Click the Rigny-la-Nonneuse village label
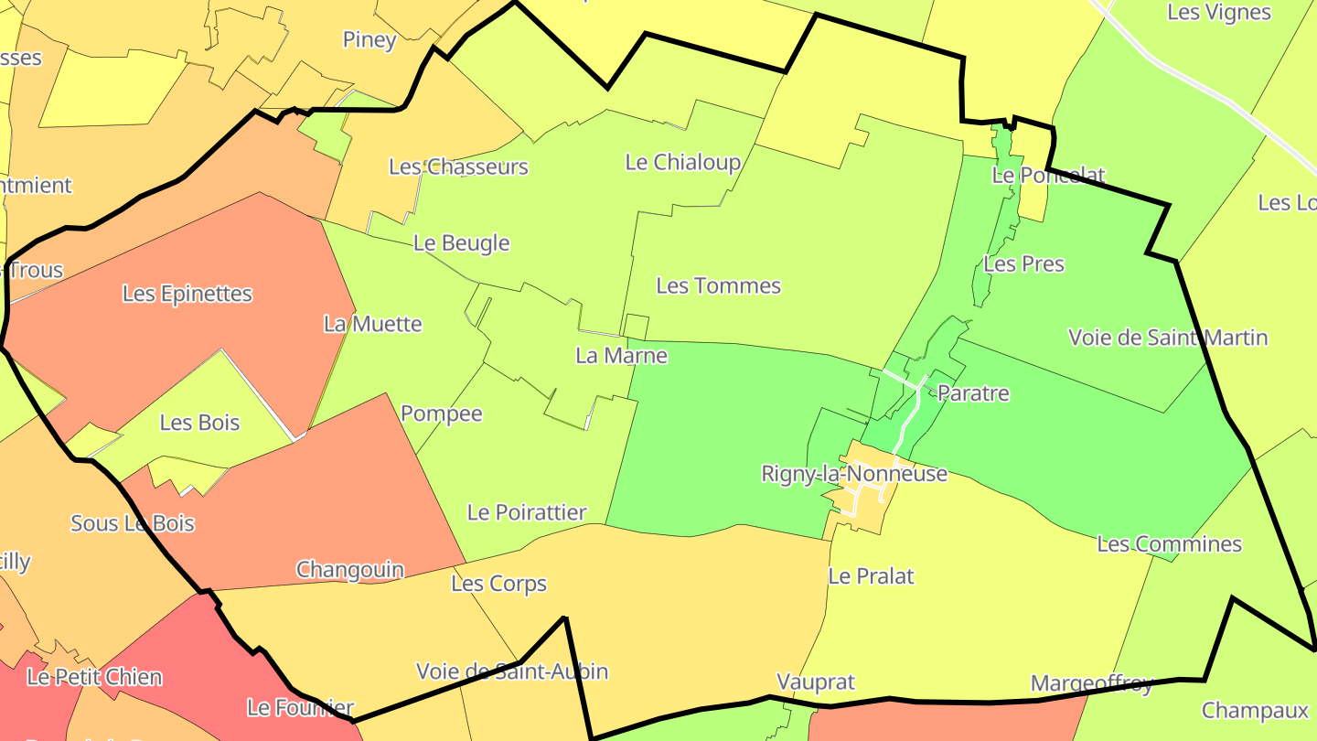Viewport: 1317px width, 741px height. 854,474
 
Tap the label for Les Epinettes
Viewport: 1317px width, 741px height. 187,294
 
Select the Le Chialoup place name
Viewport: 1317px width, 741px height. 682,162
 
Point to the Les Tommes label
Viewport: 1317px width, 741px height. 719,285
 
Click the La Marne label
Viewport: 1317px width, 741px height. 621,355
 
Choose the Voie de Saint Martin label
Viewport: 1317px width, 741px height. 1168,338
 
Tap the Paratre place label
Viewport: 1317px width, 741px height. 973,393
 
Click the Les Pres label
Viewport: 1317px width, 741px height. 1023,263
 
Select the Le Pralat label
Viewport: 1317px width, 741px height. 871,575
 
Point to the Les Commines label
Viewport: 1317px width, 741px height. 1169,543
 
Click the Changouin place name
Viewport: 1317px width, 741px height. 349,569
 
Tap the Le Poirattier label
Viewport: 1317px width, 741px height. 527,512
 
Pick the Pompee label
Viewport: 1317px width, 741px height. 441,413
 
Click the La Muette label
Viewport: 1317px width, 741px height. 373,324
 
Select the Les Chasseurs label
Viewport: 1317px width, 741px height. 458,166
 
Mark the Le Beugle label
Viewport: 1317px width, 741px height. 461,242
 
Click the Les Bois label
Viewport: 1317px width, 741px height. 199,422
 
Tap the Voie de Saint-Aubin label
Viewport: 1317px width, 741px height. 511,671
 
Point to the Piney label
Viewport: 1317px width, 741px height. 369,39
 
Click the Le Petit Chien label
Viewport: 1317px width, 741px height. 94,677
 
